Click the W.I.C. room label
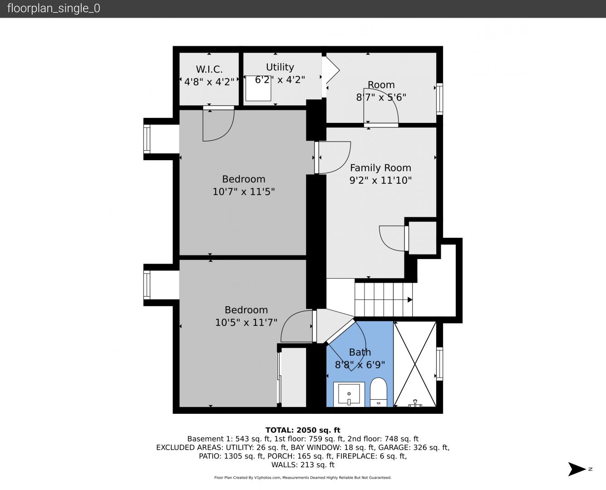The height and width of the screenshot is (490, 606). (x=209, y=69)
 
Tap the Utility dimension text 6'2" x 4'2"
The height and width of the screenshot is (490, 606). (x=280, y=80)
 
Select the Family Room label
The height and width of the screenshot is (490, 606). (x=380, y=168)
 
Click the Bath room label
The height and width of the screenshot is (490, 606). (x=360, y=352)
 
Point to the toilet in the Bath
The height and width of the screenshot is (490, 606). (x=379, y=392)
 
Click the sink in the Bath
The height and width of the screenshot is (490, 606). (x=349, y=394)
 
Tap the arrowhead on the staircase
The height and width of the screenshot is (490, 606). (x=410, y=299)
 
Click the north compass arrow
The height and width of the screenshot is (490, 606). (x=577, y=469)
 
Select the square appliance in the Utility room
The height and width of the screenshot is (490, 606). (x=258, y=88)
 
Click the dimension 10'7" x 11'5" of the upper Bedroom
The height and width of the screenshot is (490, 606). (x=244, y=191)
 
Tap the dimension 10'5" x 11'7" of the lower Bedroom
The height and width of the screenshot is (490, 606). (x=246, y=323)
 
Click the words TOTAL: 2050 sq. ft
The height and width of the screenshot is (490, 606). (x=303, y=430)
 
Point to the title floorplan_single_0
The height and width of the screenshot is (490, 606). (x=54, y=8)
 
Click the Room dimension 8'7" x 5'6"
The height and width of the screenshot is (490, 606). (x=381, y=97)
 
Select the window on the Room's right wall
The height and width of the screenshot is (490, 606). (x=439, y=99)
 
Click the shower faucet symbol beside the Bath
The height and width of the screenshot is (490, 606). (x=415, y=403)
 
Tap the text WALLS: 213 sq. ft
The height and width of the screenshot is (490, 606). (x=303, y=465)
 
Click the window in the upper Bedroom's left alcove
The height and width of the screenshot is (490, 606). (x=147, y=139)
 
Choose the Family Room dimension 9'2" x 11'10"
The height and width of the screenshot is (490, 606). (x=380, y=180)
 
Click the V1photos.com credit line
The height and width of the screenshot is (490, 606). (x=303, y=477)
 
